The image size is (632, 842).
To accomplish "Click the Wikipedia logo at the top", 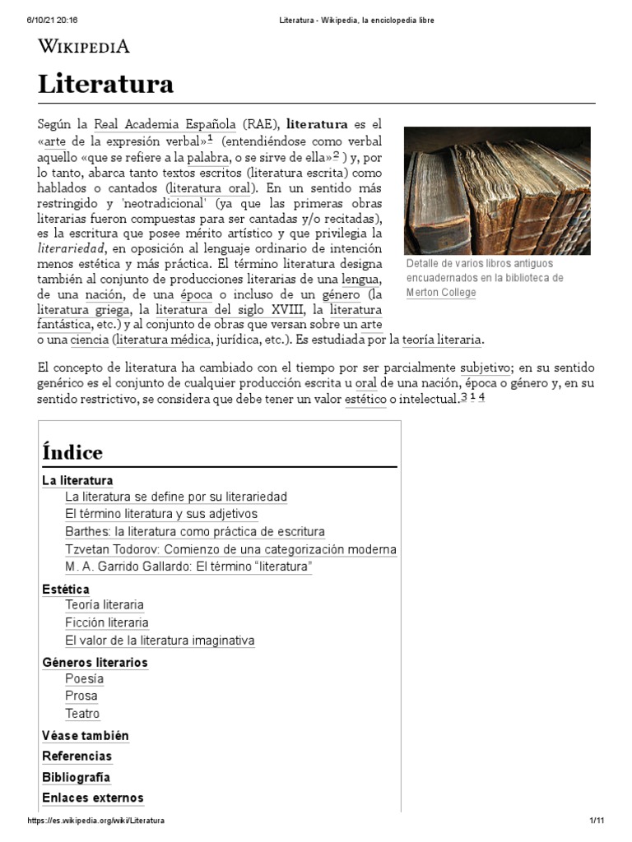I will (x=84, y=47).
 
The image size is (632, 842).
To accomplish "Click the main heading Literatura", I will (x=105, y=84).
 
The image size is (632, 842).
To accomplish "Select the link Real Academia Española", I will (x=165, y=125).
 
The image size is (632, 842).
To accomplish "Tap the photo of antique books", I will (x=497, y=190).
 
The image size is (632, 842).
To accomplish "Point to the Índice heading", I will (x=72, y=452).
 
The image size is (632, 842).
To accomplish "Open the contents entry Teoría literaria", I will (x=105, y=605).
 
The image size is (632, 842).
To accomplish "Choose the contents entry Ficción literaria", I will (x=107, y=622).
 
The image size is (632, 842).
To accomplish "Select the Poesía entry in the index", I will (x=85, y=679).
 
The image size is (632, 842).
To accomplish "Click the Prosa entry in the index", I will (x=81, y=696).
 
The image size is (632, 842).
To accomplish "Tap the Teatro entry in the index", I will (x=82, y=714).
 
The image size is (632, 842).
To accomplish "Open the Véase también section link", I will (x=86, y=736).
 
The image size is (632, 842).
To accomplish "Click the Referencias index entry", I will (x=77, y=756).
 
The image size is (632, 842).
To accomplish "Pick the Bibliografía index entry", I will (x=76, y=777).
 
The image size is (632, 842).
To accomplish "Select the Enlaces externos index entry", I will (x=93, y=798).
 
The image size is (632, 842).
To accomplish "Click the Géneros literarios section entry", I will (x=95, y=662).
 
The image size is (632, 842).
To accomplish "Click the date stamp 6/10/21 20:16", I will (x=41, y=21).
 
